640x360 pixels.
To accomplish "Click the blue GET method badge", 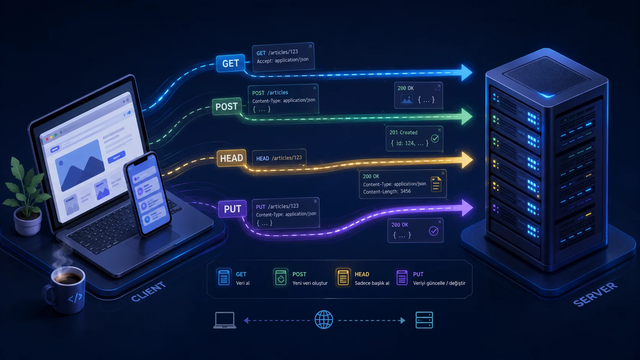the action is [x=230, y=63].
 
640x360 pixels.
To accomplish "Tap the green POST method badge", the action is [x=227, y=106].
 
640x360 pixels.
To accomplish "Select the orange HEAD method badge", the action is [x=232, y=158].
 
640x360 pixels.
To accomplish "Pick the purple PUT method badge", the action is [x=232, y=209].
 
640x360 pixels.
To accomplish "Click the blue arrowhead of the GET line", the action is [x=466, y=73].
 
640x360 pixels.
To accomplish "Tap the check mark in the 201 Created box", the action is [x=435, y=139].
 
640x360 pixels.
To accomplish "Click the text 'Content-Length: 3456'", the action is [x=387, y=192].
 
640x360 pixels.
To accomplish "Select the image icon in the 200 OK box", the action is [x=407, y=99].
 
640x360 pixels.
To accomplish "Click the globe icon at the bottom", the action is [x=324, y=320].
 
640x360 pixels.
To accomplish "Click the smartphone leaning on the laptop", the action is [x=147, y=194].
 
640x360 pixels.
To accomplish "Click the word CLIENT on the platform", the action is [x=148, y=292].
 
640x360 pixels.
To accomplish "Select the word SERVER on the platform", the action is [x=596, y=294].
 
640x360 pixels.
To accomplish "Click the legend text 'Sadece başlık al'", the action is [x=372, y=283].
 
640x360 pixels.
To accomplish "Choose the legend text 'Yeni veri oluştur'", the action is [x=310, y=283].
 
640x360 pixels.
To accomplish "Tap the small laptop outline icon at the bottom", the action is [x=225, y=320].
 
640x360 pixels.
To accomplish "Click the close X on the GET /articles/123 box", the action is [x=310, y=46].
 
